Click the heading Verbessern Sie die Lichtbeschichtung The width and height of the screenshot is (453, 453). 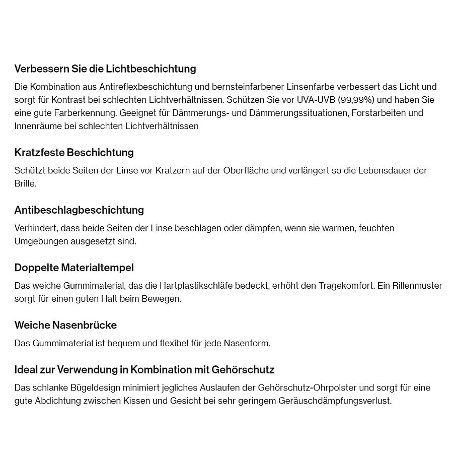tap(105, 69)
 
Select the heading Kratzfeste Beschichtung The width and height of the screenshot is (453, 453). tap(74, 152)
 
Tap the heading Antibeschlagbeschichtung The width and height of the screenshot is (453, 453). tap(79, 210)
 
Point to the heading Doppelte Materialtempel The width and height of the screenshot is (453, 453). tap(74, 267)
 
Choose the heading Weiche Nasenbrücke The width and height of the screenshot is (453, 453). tap(65, 325)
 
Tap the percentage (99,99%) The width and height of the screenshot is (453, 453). tap(356, 100)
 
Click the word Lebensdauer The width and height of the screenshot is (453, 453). tap(385, 170)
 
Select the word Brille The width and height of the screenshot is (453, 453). tap(25, 183)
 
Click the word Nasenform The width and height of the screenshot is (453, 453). tap(246, 343)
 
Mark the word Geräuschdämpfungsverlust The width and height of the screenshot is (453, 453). tap(334, 401)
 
